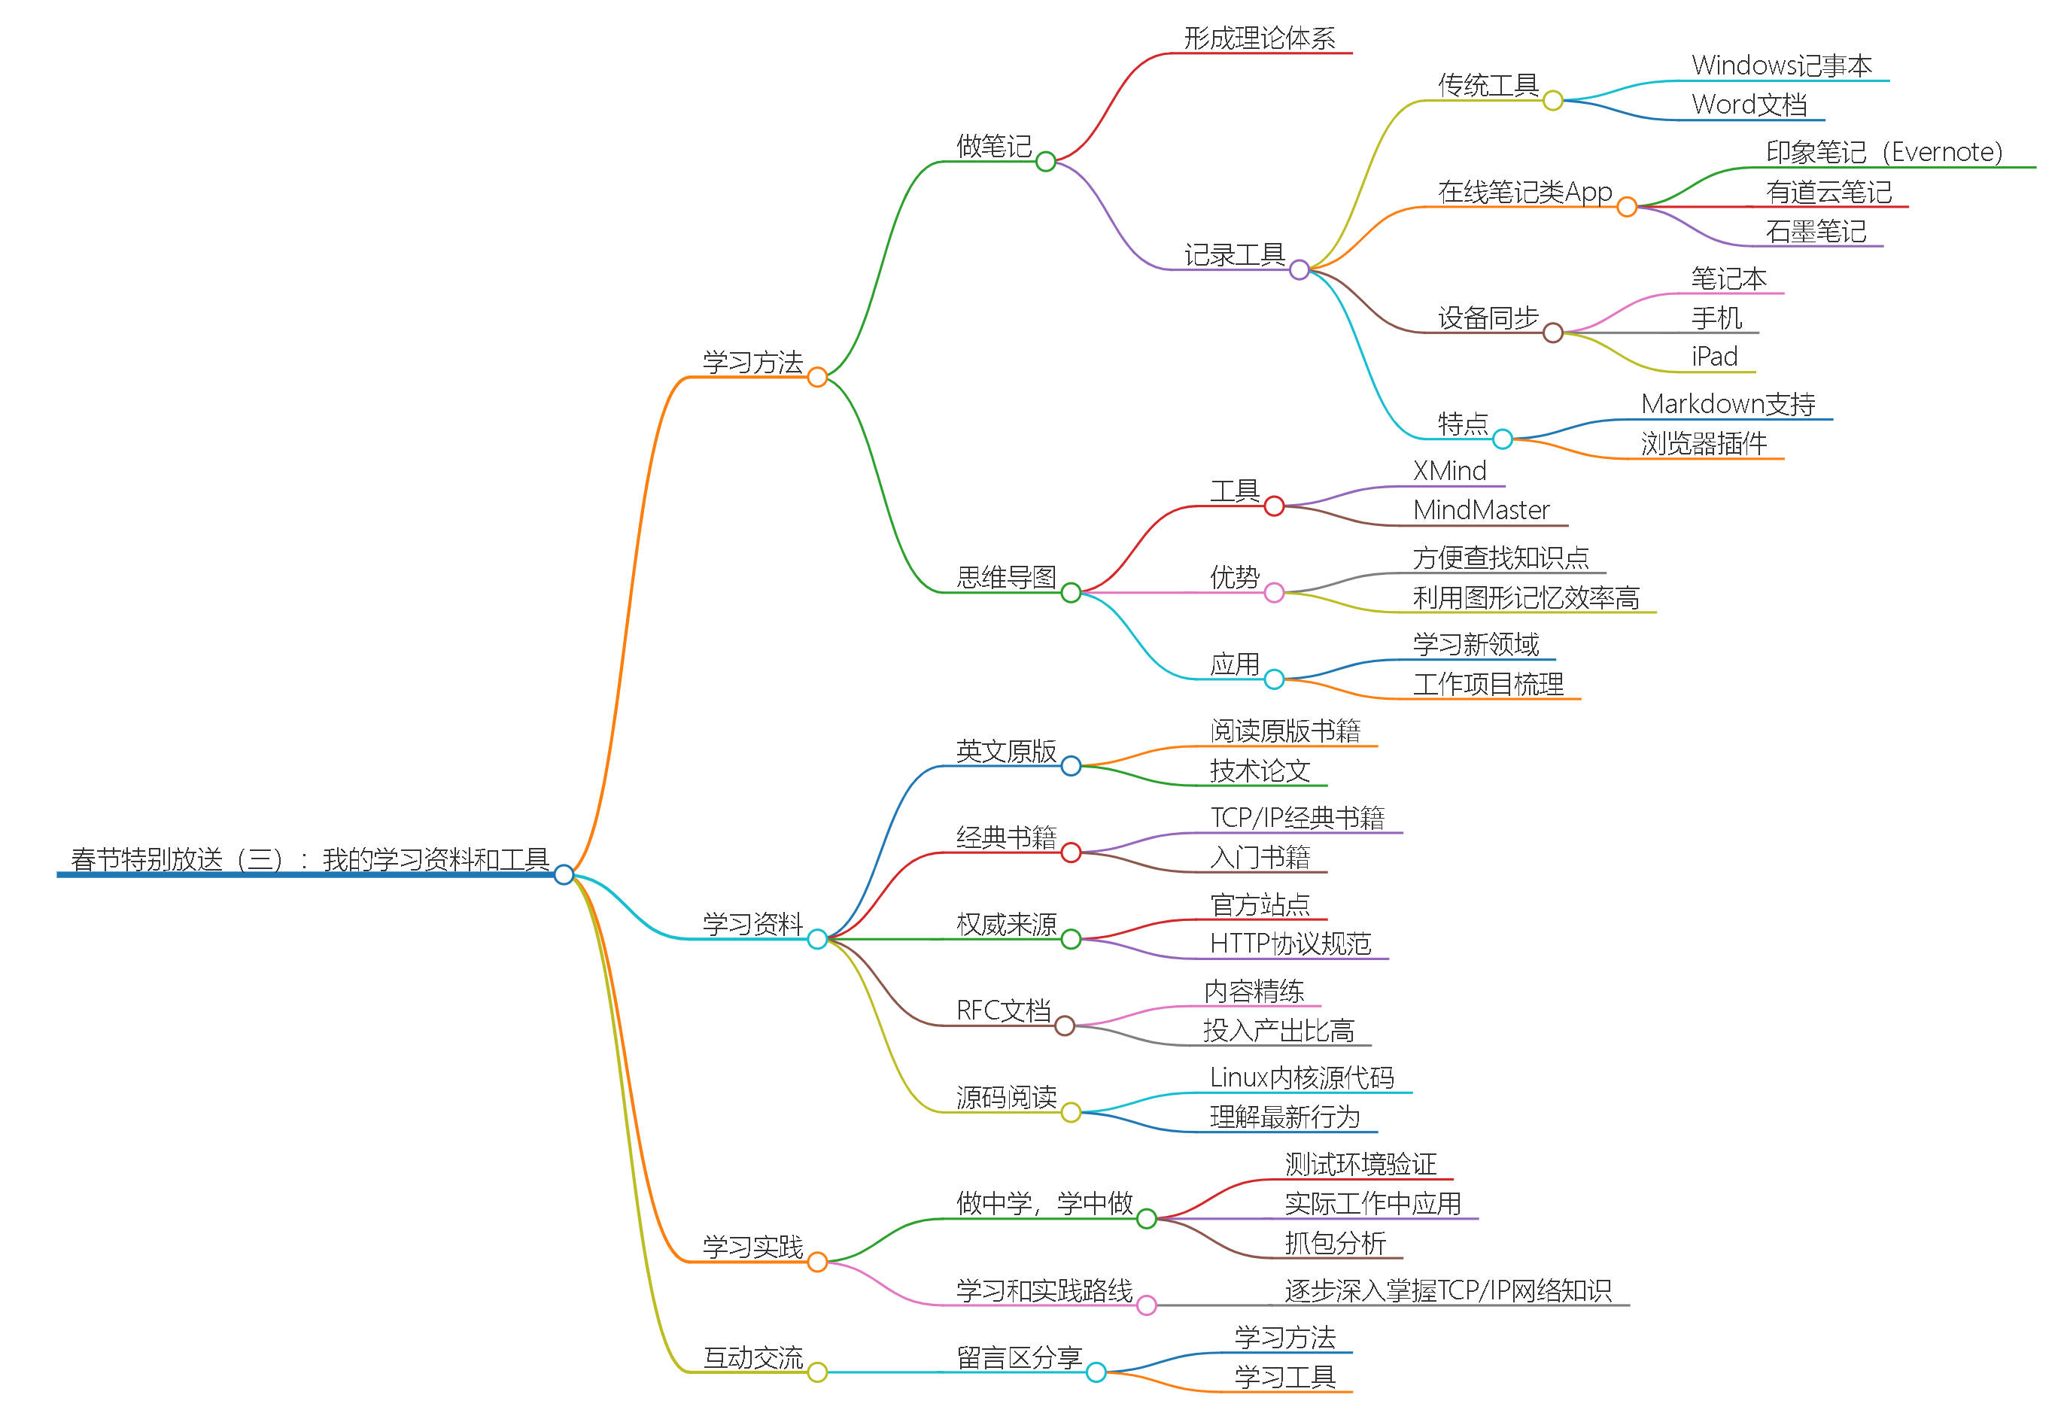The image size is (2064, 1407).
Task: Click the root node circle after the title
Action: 563,875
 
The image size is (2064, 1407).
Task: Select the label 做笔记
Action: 994,146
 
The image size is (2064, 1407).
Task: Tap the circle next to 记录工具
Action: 1299,269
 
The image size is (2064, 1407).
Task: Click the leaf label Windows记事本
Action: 1782,65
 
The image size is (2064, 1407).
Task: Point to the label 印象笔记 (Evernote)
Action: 1883,153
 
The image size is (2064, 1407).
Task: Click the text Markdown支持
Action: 1728,404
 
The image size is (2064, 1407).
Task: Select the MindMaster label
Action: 1481,510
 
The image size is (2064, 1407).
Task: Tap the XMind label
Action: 1449,471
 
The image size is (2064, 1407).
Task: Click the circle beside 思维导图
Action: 1071,592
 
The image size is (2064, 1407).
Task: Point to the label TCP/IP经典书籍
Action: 1296,817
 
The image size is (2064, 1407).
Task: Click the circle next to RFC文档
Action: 1065,1027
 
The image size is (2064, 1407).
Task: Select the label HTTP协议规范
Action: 1290,944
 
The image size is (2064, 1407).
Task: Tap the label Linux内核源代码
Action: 1301,1077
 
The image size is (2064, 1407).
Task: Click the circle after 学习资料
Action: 817,939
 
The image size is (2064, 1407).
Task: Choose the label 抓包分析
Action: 1334,1243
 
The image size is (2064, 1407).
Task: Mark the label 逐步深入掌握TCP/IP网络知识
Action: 1447,1290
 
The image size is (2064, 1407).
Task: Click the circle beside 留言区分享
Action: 1096,1372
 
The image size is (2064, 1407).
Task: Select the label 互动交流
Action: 752,1357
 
